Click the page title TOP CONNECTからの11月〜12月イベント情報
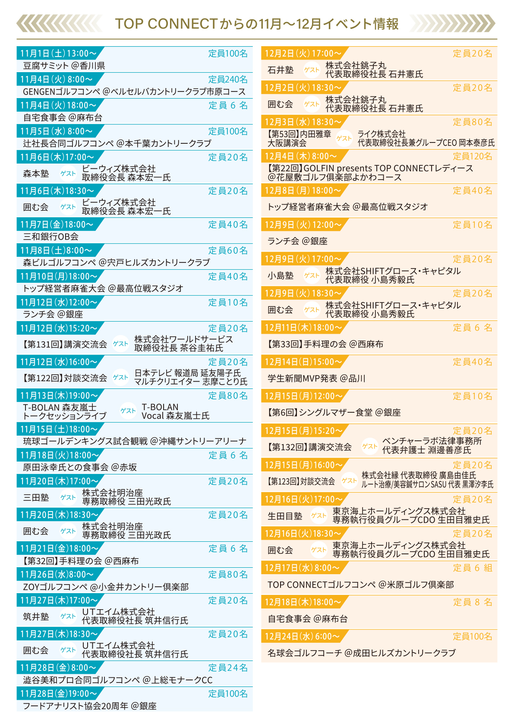pyautogui.click(x=257, y=24)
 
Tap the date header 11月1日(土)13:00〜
pyautogui.click(x=58, y=54)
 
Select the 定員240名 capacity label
pyautogui.click(x=228, y=79)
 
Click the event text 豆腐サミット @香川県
pyautogui.click(x=64, y=66)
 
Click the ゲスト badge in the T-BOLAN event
pyautogui.click(x=128, y=411)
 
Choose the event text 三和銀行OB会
pyautogui.click(x=50, y=237)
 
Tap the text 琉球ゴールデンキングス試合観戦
pyautogui.click(x=85, y=441)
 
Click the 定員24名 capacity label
pyautogui.click(x=228, y=667)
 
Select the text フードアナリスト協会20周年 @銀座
pyautogui.click(x=89, y=706)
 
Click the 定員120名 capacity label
pyautogui.click(x=473, y=156)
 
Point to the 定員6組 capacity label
pyautogui.click(x=473, y=568)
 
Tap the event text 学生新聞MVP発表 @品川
pyautogui.click(x=316, y=379)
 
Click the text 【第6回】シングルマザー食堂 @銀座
pyautogui.click(x=334, y=413)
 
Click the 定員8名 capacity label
pyautogui.click(x=473, y=602)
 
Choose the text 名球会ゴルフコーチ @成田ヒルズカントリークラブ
pyautogui.click(x=361, y=653)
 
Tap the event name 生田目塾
pyautogui.click(x=285, y=516)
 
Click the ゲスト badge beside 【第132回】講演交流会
pyautogui.click(x=369, y=446)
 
